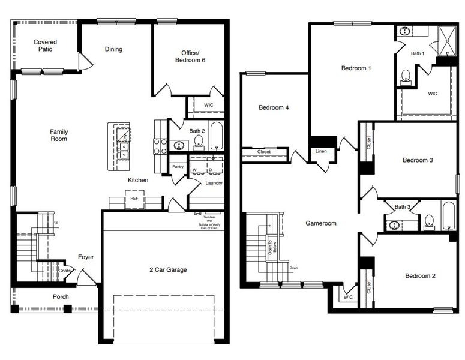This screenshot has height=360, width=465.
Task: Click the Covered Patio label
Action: click(45, 46)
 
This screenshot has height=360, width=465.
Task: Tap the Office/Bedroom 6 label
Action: click(190, 56)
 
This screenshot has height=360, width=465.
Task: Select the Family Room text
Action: click(58, 135)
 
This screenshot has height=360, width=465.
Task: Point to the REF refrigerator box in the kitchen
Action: click(134, 197)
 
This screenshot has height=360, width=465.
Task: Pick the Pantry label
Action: click(178, 167)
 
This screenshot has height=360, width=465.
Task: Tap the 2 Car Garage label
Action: click(167, 269)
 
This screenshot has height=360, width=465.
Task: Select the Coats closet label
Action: click(65, 271)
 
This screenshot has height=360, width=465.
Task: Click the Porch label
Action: click(61, 296)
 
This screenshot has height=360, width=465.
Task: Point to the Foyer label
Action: click(86, 257)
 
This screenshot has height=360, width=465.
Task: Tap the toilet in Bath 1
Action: click(406, 76)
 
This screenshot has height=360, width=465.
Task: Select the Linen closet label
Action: click(321, 151)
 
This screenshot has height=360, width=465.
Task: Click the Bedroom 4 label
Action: click(274, 108)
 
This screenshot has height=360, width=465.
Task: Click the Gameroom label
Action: click(321, 223)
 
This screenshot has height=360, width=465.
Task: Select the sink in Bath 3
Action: click(394, 226)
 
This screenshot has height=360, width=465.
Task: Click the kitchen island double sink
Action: click(124, 150)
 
